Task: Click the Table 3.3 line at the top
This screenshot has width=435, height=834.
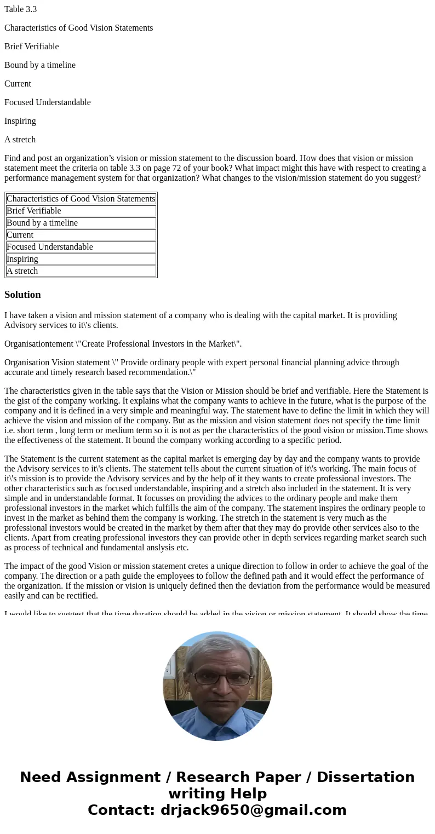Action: [20, 9]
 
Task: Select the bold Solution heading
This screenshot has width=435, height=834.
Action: [22, 295]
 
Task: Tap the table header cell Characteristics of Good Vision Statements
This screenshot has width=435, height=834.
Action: [81, 199]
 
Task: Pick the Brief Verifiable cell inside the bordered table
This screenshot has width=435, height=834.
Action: [34, 211]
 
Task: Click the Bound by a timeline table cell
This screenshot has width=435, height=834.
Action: [42, 223]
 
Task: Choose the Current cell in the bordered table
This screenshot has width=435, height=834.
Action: [20, 235]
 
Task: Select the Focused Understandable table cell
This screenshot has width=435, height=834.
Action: [50, 247]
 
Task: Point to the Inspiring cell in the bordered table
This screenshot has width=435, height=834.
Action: [22, 259]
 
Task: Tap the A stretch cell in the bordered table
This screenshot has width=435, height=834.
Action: [22, 271]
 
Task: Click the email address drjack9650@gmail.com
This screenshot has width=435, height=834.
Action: [253, 810]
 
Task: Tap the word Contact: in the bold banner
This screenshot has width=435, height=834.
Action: [122, 810]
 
